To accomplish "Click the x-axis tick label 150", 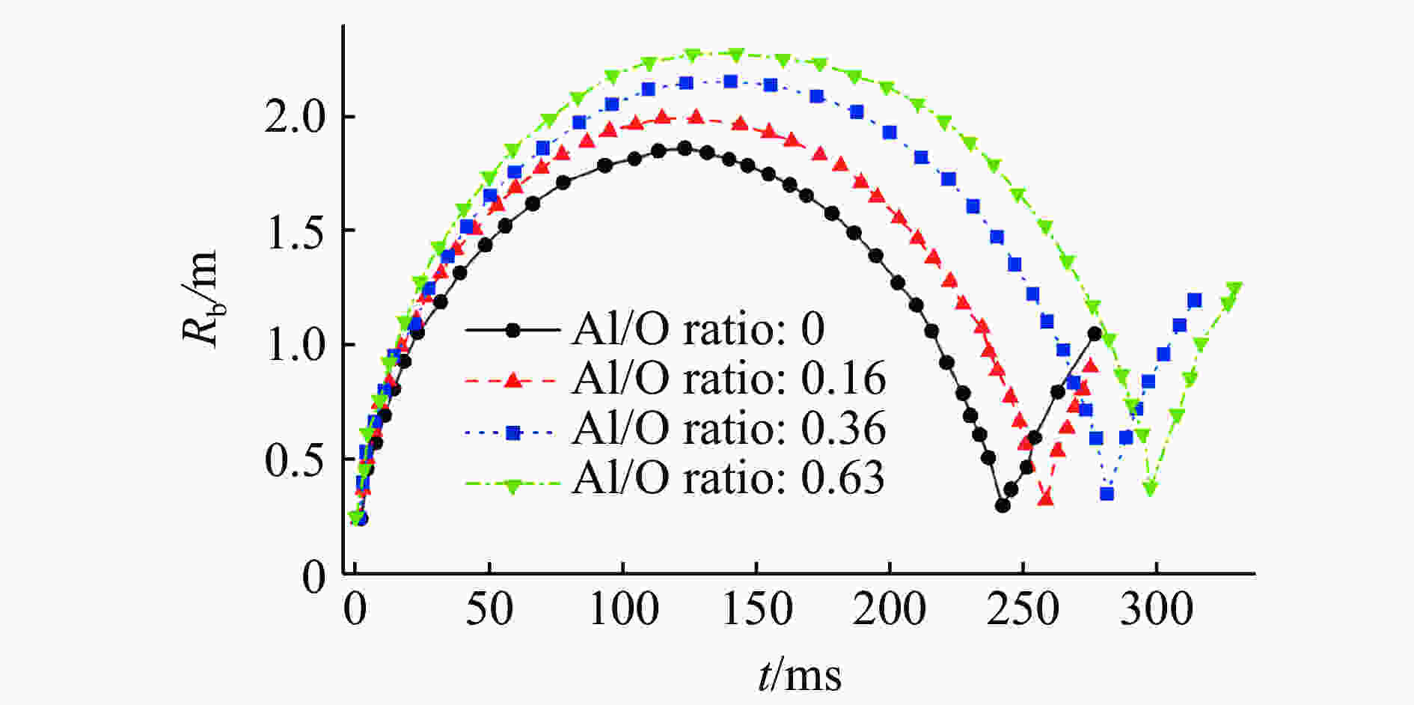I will pyautogui.click(x=757, y=608).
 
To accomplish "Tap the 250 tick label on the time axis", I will pyautogui.click(x=1023, y=608).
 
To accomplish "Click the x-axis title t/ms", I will pyautogui.click(x=799, y=674).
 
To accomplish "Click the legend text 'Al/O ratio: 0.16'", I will pyautogui.click(x=728, y=379).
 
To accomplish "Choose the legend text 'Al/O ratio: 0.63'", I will pyautogui.click(x=728, y=477).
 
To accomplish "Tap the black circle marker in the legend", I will pyautogui.click(x=512, y=329).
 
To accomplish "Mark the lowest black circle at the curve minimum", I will pyautogui.click(x=1003, y=505).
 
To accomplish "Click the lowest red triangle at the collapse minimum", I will pyautogui.click(x=1046, y=498).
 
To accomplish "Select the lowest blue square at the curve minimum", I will pyautogui.click(x=1107, y=494).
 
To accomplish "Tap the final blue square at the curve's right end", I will pyautogui.click(x=1194, y=300).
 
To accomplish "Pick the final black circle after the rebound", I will pyautogui.click(x=1095, y=334).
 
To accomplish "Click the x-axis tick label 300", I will pyautogui.click(x=1156, y=608).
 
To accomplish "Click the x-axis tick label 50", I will pyautogui.click(x=489, y=608).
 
